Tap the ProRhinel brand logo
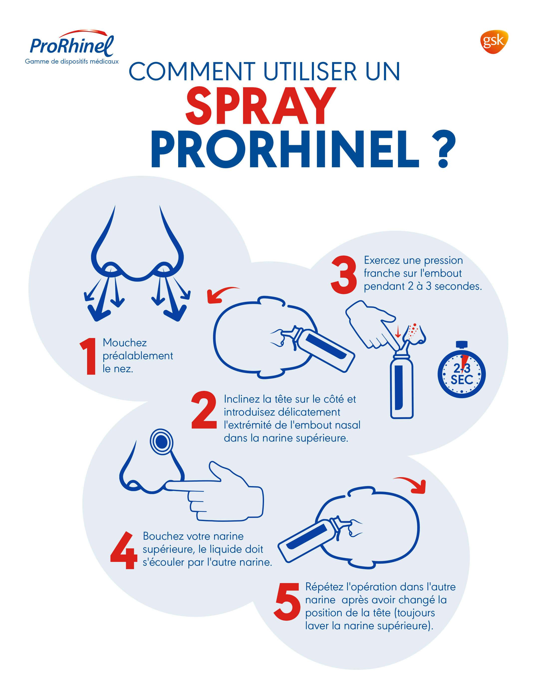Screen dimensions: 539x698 pos(72,47)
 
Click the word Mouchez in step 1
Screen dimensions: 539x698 pos(125,343)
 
